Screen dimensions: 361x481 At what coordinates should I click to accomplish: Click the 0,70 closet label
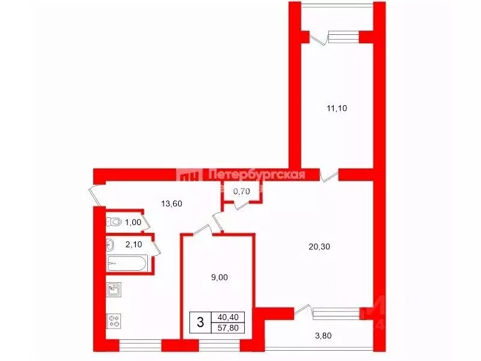click(x=241, y=191)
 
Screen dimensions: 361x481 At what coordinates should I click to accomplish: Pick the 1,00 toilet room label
click(x=133, y=222)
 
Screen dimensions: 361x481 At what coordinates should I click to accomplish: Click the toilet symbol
click(x=114, y=222)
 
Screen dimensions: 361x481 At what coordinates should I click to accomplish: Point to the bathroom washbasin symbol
click(x=110, y=244)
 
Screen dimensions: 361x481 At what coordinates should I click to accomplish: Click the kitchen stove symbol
click(x=114, y=321)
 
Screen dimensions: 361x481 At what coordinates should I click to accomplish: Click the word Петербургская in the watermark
click(x=256, y=175)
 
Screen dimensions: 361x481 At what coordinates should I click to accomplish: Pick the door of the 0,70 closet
click(x=243, y=205)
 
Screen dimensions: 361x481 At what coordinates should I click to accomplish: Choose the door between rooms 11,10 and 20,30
click(x=329, y=175)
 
